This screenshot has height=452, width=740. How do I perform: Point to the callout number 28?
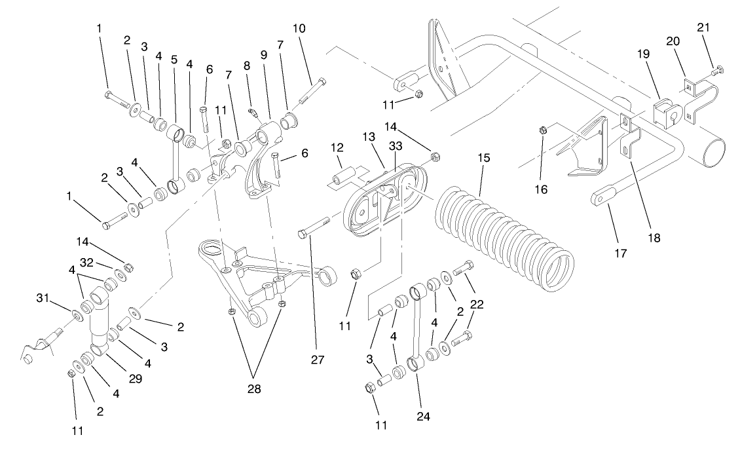(x=254, y=388)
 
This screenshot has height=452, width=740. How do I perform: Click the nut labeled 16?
(x=543, y=130)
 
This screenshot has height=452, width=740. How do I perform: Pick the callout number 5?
(x=174, y=58)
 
